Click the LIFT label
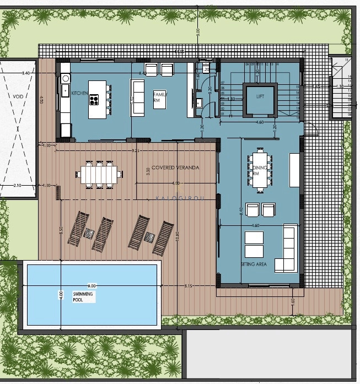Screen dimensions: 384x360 (x=260, y=96)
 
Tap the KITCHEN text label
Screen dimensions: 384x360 (x=79, y=94)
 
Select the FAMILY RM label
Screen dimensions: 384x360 (x=159, y=98)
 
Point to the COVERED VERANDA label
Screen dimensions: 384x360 (x=175, y=167)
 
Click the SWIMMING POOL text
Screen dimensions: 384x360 (x=84, y=298)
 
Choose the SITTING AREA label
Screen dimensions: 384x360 (x=254, y=265)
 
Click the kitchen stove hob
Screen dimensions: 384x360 (x=94, y=100)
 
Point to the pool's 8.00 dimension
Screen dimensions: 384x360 (x=92, y=286)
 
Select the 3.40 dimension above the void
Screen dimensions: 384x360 (x=25, y=73)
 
